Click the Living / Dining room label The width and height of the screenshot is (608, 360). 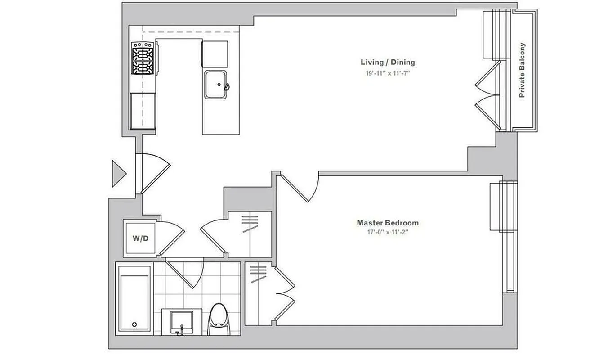coord(388,62)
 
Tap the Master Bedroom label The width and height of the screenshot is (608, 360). coord(388,223)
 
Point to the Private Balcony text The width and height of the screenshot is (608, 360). coord(522,70)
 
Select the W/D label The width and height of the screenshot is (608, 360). coord(140,238)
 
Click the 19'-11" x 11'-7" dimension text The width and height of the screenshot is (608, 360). coord(388,73)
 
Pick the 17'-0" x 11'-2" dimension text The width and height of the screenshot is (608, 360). coord(388,233)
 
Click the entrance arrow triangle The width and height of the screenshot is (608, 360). coord(118,173)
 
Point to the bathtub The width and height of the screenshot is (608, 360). coord(133,299)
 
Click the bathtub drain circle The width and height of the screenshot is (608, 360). coord(134,324)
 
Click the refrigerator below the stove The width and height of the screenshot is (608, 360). coord(143,110)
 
